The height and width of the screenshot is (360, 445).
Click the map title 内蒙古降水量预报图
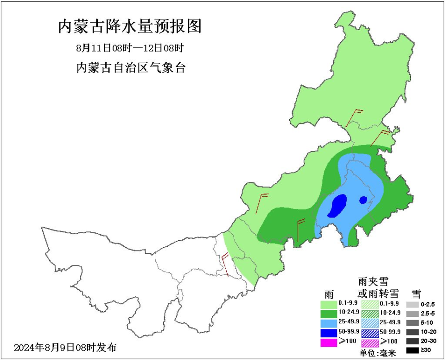pos(130,26)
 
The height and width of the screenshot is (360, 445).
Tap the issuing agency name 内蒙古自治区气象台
pos(130,68)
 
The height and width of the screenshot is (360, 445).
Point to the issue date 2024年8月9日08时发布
pos(65,347)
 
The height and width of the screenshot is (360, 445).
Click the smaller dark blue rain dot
pos(363,200)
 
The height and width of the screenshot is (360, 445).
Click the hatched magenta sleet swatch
pos(369,342)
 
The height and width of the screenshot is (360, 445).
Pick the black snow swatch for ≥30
pos(412,351)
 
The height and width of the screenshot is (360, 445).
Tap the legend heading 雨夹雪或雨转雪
pos(378,287)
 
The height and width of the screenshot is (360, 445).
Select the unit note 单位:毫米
pos(378,353)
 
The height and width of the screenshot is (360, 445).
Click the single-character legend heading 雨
pos(329,294)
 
